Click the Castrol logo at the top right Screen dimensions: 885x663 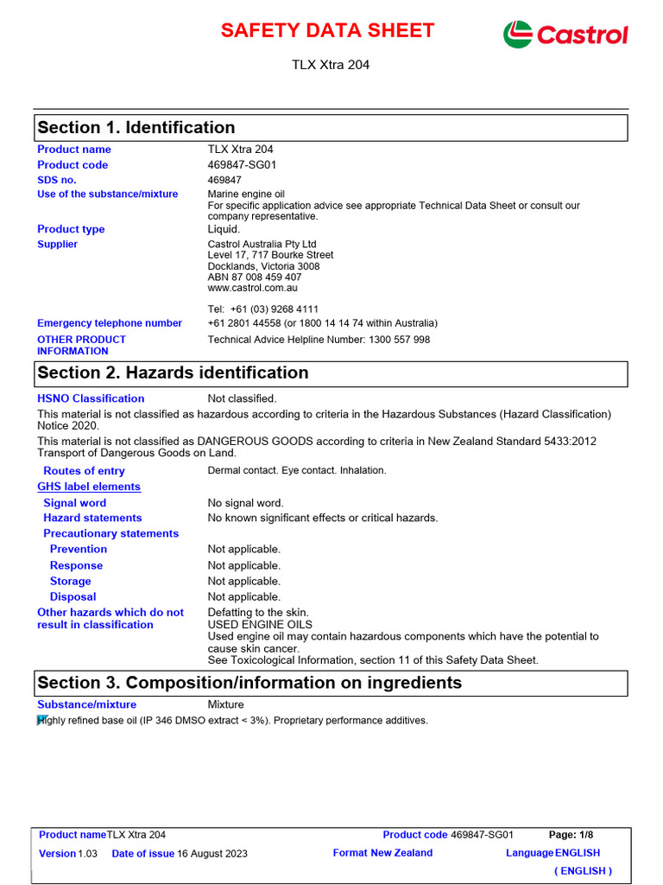tap(565, 34)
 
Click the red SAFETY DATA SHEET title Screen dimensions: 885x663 tap(327, 31)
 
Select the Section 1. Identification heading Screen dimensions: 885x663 tap(136, 128)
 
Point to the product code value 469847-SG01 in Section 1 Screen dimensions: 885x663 tap(242, 165)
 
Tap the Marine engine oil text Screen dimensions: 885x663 tap(246, 194)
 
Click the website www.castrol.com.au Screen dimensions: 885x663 tap(254, 289)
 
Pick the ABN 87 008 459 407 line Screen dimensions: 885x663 tap(254, 277)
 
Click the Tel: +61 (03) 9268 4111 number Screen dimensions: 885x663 tap(263, 309)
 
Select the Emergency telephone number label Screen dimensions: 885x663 tap(110, 323)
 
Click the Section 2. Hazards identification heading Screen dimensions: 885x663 tap(173, 373)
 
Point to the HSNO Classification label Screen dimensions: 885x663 tap(91, 398)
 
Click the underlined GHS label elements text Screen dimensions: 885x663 tap(89, 487)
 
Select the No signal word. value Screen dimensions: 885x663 tap(245, 503)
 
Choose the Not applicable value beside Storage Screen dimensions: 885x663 tap(243, 582)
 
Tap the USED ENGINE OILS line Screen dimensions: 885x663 tap(260, 625)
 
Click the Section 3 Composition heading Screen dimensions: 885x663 tap(249, 683)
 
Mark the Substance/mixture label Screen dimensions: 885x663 tap(86, 705)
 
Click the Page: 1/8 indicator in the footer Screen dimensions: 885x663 tap(571, 835)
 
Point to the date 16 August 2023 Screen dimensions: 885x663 tap(212, 854)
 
